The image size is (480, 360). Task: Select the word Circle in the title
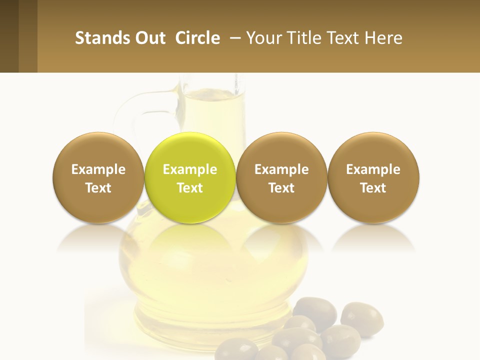pyautogui.click(x=197, y=38)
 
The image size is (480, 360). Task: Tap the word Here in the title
pyautogui.click(x=383, y=38)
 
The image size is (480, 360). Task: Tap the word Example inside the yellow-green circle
pyautogui.click(x=190, y=169)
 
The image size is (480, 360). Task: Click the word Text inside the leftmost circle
pyautogui.click(x=98, y=188)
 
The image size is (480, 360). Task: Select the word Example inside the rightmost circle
pyautogui.click(x=373, y=169)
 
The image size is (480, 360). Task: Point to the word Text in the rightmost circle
pyautogui.click(x=373, y=188)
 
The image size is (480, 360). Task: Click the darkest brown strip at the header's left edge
pyautogui.click(x=9, y=36)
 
